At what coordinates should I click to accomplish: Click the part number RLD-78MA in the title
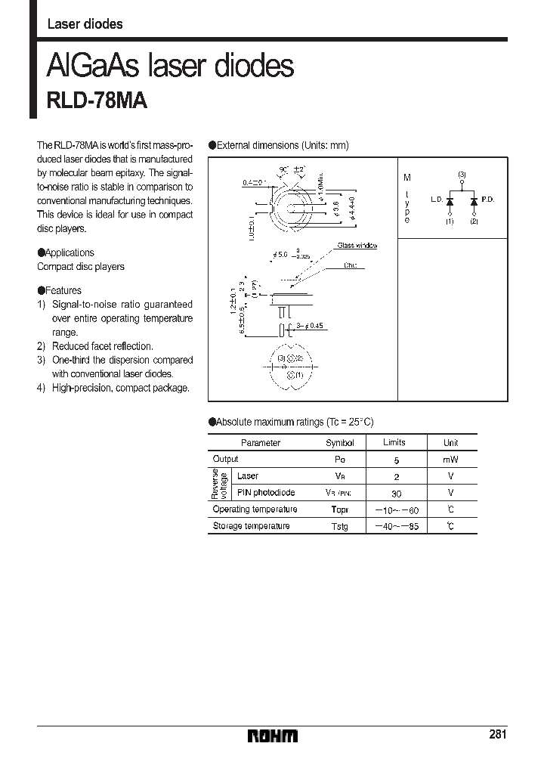[x=97, y=102]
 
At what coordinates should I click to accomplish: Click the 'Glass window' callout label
[x=357, y=246]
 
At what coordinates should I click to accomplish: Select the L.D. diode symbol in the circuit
[x=450, y=202]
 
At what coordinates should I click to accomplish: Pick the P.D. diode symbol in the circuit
[x=474, y=202]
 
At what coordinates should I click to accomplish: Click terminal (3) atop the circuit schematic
[x=462, y=175]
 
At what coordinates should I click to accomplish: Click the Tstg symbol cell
[x=339, y=526]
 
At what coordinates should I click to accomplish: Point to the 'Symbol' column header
[x=339, y=443]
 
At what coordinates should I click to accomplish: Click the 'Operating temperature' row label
[x=255, y=509]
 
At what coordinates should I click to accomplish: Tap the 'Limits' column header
[x=394, y=442]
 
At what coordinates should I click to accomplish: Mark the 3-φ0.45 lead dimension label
[x=309, y=326]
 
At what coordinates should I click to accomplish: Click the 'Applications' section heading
[x=69, y=253]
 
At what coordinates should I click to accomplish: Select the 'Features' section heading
[x=63, y=290]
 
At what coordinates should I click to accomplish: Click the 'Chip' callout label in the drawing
[x=350, y=265]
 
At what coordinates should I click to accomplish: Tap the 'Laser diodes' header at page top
[x=85, y=24]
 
